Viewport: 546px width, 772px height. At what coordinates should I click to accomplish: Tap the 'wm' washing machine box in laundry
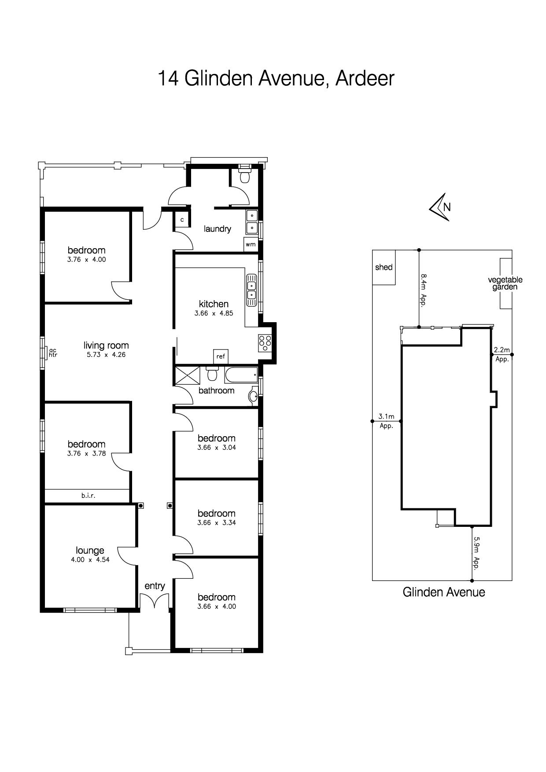251,244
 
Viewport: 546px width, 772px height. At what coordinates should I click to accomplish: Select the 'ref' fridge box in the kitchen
221,357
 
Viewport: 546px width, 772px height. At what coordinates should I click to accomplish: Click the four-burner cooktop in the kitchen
265,343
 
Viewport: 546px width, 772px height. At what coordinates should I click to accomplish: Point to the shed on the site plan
384,267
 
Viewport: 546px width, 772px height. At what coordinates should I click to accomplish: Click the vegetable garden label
505,283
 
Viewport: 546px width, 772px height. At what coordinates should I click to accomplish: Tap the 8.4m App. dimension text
424,290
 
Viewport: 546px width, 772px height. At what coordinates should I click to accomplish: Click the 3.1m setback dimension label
386,421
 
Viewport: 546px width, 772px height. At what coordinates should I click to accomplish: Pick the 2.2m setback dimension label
502,354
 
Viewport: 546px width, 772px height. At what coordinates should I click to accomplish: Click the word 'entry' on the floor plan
155,586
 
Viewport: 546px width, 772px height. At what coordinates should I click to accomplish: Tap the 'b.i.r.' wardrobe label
88,496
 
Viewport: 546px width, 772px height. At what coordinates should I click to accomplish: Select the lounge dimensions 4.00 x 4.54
90,560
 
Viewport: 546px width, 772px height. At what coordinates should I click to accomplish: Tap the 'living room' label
106,346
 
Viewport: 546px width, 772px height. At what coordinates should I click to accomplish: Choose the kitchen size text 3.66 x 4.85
214,313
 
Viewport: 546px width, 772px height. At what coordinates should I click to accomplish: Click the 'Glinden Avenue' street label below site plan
444,592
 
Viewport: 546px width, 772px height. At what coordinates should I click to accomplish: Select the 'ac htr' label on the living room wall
53,353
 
